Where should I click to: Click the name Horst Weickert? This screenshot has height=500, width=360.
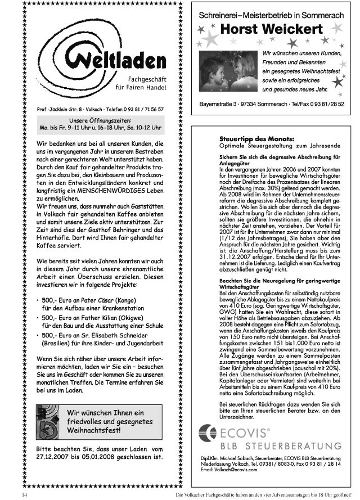tap(272, 29)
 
